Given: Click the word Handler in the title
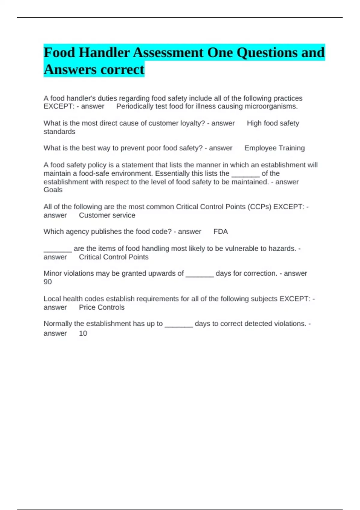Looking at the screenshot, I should [x=104, y=53].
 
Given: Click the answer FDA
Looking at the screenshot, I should [x=220, y=232].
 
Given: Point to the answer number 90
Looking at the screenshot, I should [x=48, y=282].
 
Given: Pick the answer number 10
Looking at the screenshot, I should [x=83, y=333].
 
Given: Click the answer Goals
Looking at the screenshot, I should [x=53, y=190].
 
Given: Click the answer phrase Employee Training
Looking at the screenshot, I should [x=274, y=148].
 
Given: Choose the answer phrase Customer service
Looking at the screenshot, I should [x=107, y=215].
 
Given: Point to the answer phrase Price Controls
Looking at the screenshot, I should [x=102, y=307].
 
